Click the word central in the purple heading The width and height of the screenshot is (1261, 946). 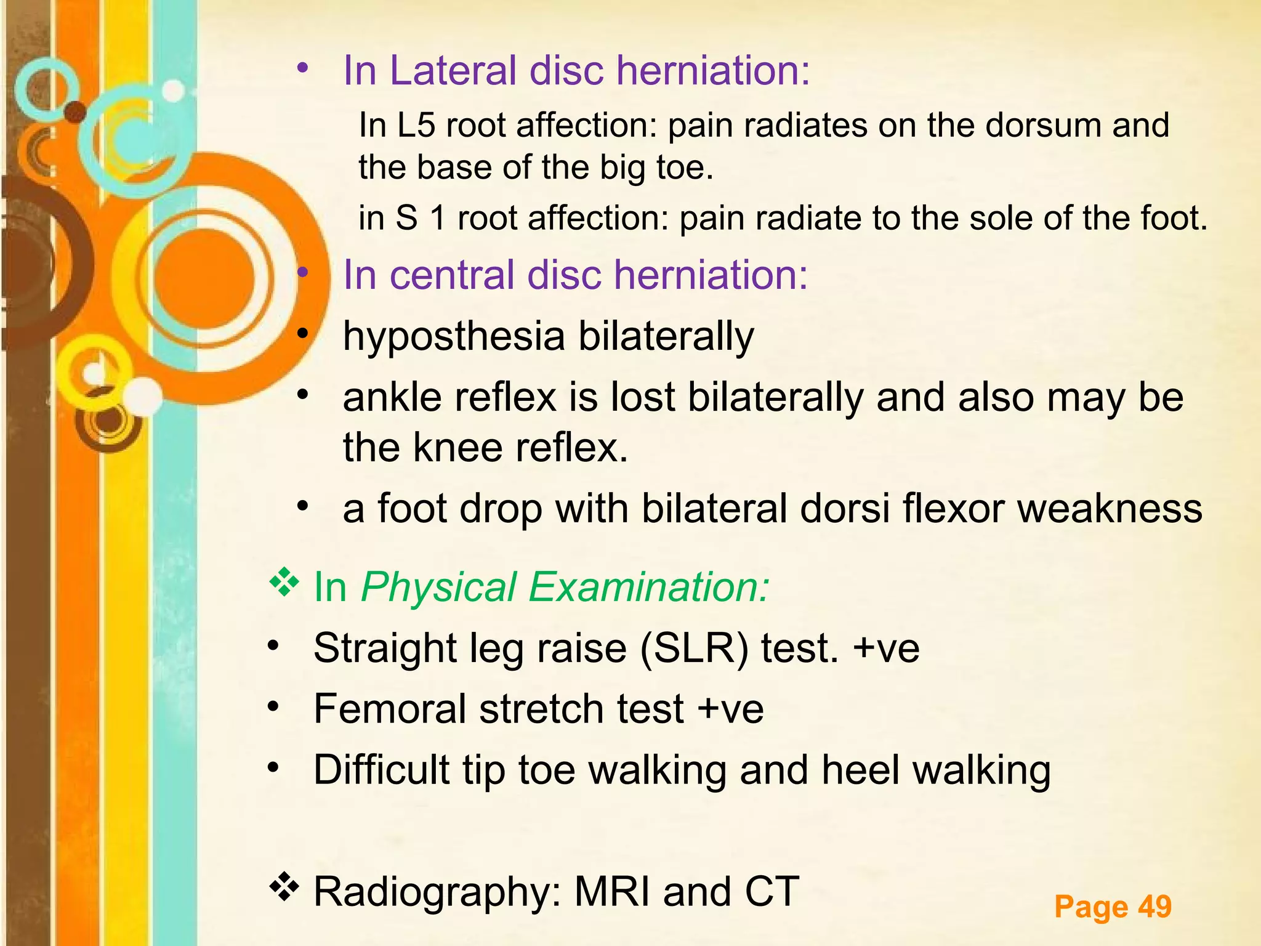(452, 275)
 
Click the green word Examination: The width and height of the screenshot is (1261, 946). (649, 587)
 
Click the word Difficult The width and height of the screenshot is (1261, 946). (382, 770)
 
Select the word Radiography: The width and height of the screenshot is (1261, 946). (438, 892)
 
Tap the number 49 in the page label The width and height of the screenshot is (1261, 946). (1154, 907)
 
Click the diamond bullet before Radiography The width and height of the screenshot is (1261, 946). (284, 887)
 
